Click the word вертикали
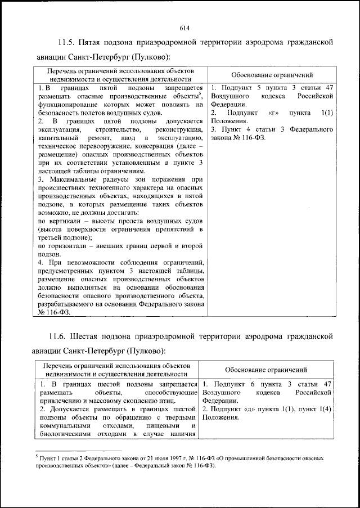(x=63, y=221)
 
